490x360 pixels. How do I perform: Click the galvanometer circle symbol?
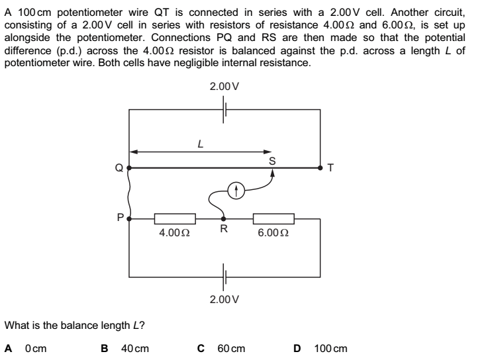236,191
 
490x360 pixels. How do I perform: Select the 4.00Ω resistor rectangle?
175,218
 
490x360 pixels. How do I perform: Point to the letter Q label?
119,168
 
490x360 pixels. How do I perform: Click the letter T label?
331,168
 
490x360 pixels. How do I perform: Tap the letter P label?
119,215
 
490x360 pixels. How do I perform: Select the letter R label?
224,230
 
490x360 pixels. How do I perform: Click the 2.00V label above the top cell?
224,87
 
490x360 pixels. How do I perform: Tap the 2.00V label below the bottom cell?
224,299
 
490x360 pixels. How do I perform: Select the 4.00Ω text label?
175,233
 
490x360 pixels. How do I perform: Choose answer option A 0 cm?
27,347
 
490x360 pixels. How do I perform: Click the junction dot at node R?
223,218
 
